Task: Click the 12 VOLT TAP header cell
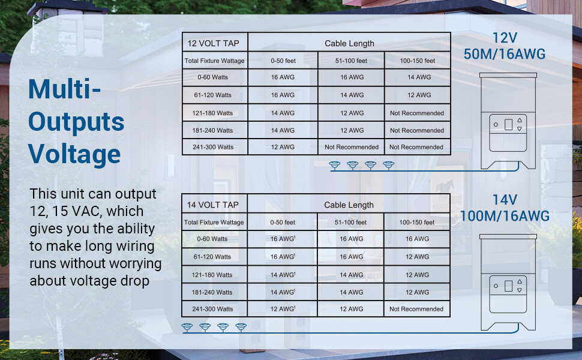point(213,43)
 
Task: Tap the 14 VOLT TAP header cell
point(212,205)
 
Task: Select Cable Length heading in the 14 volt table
point(349,205)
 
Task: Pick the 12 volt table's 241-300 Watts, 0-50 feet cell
point(283,147)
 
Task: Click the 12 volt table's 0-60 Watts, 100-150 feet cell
point(419,77)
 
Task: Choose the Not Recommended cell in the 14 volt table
point(416,309)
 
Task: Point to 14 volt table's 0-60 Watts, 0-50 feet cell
point(283,239)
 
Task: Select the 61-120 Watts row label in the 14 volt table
point(212,257)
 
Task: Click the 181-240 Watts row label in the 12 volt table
point(212,130)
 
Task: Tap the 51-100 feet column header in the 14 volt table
point(351,223)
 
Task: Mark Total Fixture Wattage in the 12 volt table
point(215,61)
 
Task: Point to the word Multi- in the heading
point(65,89)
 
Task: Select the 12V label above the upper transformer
point(505,38)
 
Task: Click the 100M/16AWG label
point(505,216)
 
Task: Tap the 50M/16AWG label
point(505,54)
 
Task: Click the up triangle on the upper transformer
point(520,120)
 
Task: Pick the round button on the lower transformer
point(496,286)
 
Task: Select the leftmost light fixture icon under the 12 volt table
point(334,166)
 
